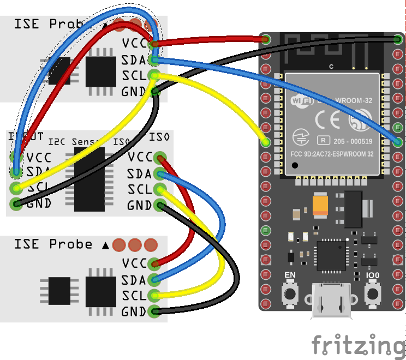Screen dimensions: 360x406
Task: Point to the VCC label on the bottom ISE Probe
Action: pyautogui.click(x=134, y=263)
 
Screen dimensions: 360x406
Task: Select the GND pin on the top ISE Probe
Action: pyautogui.click(x=156, y=92)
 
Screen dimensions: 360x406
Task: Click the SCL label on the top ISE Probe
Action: pyautogui.click(x=134, y=75)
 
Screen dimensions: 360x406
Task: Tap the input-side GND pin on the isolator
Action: pyautogui.click(x=16, y=205)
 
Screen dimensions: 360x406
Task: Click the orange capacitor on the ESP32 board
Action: pyautogui.click(x=320, y=205)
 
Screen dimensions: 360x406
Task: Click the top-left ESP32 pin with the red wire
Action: pyautogui.click(x=266, y=39)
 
